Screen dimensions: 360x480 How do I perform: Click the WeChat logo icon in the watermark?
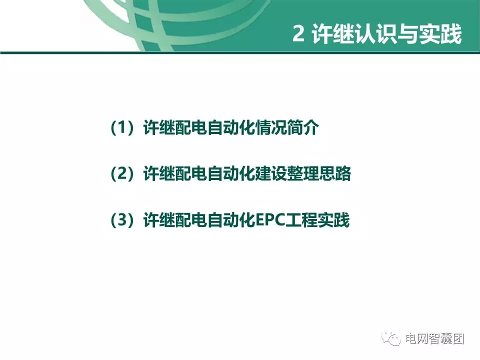pos(391,338)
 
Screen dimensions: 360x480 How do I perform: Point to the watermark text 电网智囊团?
pos(434,338)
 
